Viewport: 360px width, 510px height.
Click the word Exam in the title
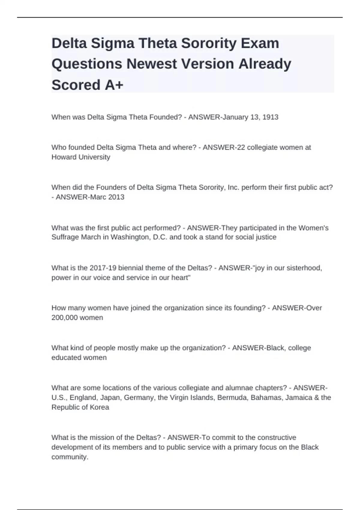point(260,43)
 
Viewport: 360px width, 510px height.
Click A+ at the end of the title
point(114,85)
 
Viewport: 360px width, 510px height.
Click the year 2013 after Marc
point(116,197)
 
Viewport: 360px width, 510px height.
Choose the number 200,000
point(63,317)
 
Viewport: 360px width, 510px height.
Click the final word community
point(70,457)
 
